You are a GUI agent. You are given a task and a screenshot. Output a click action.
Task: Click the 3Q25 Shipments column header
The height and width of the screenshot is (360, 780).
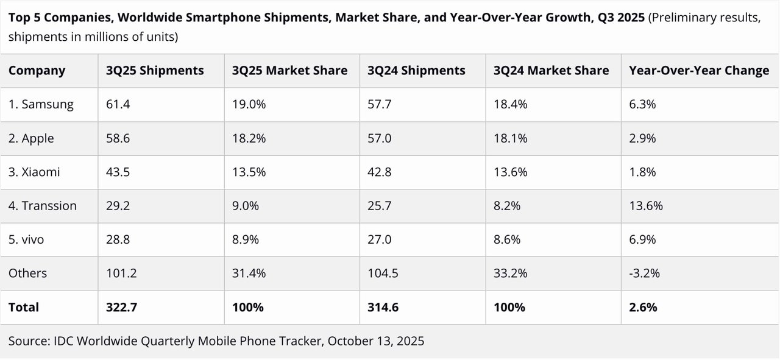click(x=155, y=71)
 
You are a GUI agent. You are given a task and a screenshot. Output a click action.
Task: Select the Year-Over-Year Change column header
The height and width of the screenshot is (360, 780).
click(x=699, y=71)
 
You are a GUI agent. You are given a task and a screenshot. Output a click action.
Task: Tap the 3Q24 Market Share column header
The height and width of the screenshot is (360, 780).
click(x=551, y=71)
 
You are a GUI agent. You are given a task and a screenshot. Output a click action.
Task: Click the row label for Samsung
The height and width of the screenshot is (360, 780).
click(x=41, y=104)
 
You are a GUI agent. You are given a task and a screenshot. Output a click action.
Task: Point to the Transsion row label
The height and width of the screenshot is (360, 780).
click(x=43, y=206)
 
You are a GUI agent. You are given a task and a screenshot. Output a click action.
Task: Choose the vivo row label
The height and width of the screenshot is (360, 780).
click(x=26, y=239)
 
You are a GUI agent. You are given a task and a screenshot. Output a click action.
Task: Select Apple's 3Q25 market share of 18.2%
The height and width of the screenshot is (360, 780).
click(x=249, y=138)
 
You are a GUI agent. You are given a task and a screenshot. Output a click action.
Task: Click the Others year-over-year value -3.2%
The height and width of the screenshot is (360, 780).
click(x=644, y=274)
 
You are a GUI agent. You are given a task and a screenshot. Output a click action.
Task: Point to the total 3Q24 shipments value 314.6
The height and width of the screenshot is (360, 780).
click(x=383, y=308)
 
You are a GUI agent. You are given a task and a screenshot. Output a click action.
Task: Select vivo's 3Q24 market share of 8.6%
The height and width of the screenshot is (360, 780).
click(x=507, y=239)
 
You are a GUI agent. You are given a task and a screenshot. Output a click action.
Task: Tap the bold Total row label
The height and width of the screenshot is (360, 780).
click(x=24, y=308)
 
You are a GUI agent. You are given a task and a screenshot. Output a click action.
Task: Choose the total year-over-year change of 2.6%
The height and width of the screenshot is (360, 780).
click(x=643, y=308)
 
